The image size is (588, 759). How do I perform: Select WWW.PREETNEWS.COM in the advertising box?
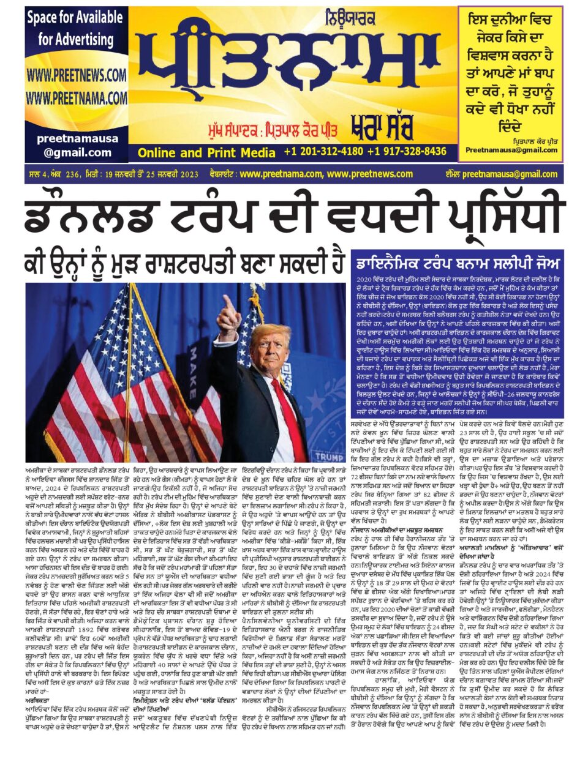tap(76, 75)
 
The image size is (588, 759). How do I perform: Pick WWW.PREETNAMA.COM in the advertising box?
tap(76, 97)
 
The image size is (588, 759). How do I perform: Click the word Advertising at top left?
tap(76, 40)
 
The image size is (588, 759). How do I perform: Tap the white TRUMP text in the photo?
tap(330, 457)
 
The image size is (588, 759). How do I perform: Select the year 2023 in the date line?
tap(186, 174)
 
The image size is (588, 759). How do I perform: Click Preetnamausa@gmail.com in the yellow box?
tap(511, 150)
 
